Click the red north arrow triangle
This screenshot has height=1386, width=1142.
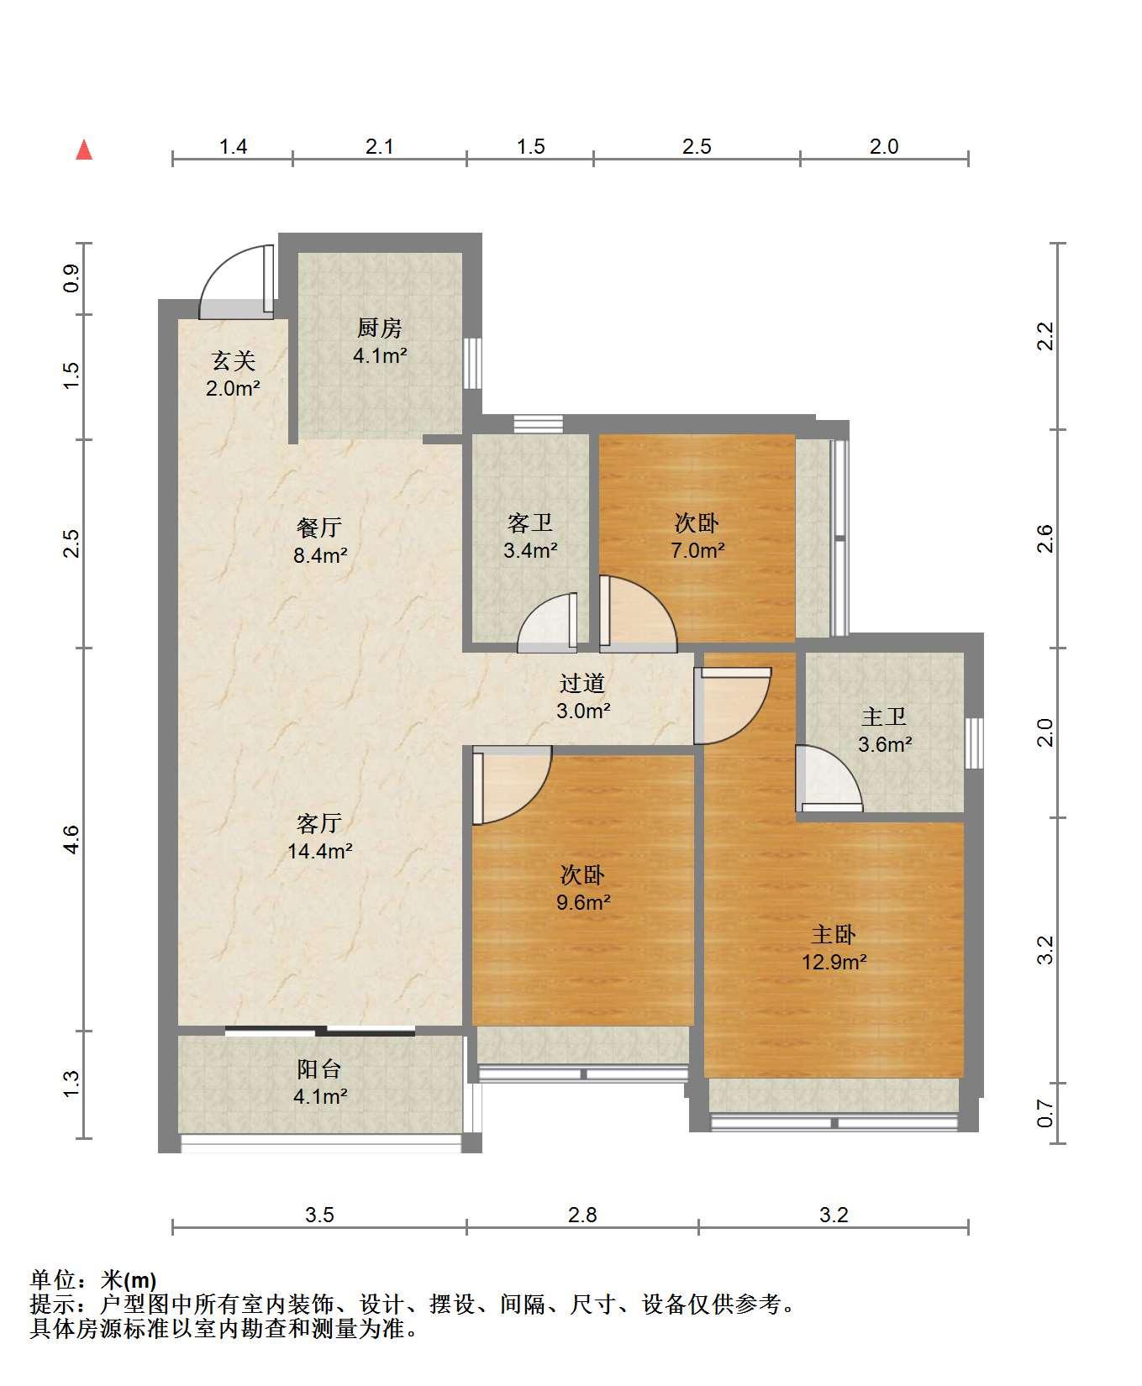tap(84, 150)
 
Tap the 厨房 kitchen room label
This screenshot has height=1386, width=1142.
tap(380, 328)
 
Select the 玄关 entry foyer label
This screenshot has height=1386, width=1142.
tap(233, 361)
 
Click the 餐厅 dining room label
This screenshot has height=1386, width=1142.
tap(319, 528)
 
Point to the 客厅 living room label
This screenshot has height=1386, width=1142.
tap(319, 823)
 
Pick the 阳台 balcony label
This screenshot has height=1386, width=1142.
tap(319, 1069)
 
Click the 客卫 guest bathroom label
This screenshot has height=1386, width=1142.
tap(530, 523)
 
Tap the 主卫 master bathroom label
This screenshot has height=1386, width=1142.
tap(884, 717)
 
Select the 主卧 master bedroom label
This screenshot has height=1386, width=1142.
tap(834, 934)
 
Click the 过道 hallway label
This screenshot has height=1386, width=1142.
tap(582, 683)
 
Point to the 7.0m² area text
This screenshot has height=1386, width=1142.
tap(697, 551)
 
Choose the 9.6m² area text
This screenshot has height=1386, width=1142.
tap(582, 903)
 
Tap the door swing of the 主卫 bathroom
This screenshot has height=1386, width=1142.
tap(829, 778)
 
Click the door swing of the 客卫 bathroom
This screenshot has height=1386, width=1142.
tap(548, 622)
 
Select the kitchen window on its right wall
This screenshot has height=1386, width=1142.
tap(472, 363)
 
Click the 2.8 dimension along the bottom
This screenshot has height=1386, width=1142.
tap(582, 1215)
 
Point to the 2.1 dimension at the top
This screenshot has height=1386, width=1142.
tap(380, 147)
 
